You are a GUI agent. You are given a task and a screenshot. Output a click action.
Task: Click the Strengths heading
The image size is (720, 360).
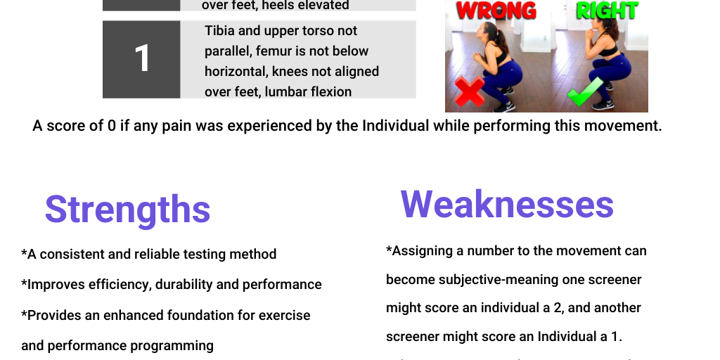coord(127,209)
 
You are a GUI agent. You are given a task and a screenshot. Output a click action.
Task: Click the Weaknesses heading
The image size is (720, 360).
coord(507,204)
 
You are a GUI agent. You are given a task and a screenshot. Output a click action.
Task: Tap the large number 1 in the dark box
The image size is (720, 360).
coord(141,59)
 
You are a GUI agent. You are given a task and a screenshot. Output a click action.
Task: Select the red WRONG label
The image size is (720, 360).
coord(496,11)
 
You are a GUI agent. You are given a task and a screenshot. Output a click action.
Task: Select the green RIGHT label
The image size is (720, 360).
coord(607,11)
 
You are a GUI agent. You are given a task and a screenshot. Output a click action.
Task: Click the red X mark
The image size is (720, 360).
coord(470,92)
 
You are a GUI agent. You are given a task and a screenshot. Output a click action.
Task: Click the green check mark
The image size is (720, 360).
coord(586,92)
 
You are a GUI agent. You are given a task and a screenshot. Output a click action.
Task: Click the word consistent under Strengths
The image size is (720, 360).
coord(71,254)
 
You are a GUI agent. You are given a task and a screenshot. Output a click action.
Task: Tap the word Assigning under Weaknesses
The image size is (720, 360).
coord(427,251)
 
